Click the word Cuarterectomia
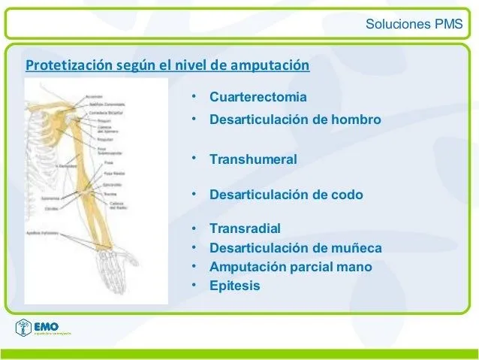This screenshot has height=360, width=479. pos(258,98)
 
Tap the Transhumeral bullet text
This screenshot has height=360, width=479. pos(253,159)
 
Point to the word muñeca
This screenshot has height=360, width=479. pos(355,248)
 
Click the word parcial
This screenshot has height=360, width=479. pos(316,267)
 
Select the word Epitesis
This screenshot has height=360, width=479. pos(235,286)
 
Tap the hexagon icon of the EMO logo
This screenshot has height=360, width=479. pos(24,328)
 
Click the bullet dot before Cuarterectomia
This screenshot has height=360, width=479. pos(194,97)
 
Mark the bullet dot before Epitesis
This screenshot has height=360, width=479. pos(194,285)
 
